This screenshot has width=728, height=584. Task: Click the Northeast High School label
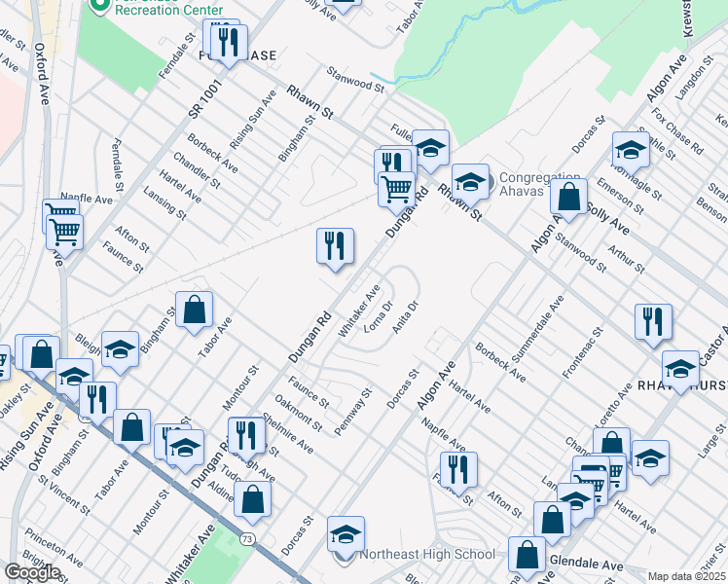coord(428,555)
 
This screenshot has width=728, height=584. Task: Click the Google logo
coord(32,572)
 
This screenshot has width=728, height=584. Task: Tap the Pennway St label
coord(353,413)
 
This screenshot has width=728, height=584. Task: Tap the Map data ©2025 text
coord(686,576)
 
